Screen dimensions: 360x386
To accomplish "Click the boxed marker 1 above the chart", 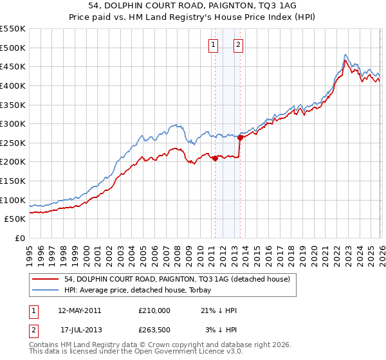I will click(x=213, y=44).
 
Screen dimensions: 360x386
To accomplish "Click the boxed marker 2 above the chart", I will click(x=238, y=44).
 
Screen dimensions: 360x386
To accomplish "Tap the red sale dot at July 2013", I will click(x=240, y=137).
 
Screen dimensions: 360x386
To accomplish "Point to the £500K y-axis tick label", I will click(x=13, y=48).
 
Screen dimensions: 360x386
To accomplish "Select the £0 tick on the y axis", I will click(x=21, y=238).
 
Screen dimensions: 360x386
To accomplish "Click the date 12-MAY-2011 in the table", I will click(x=79, y=310).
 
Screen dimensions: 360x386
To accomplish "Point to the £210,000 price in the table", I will click(x=154, y=310).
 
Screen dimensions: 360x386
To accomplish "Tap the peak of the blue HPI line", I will click(x=346, y=55).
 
